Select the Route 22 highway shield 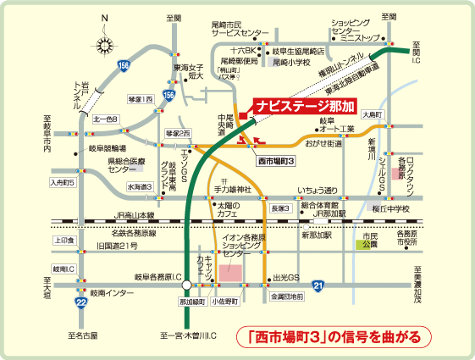click(80, 302)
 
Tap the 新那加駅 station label click(314, 235)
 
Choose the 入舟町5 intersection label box click(64, 182)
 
